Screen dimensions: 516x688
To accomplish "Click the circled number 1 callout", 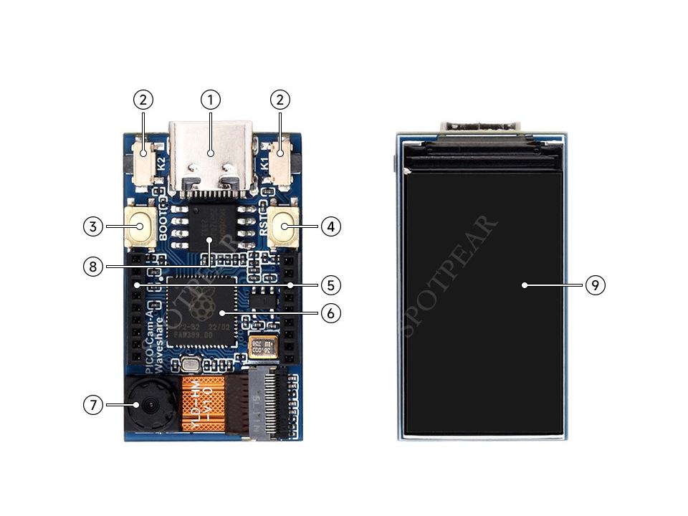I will click(210, 100).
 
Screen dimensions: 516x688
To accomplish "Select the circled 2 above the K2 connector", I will click(143, 100).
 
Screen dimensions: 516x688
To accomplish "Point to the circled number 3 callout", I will click(92, 226).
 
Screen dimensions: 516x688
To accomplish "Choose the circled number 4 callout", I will click(330, 226).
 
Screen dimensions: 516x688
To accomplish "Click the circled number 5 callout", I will click(330, 285).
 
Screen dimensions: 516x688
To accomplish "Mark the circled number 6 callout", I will click(330, 313).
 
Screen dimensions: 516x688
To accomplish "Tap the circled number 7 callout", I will click(92, 405).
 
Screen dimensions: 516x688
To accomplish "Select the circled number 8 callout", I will click(92, 267).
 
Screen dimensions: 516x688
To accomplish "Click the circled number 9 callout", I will click(595, 285).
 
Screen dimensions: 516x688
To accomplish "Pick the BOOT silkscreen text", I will click(163, 224).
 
